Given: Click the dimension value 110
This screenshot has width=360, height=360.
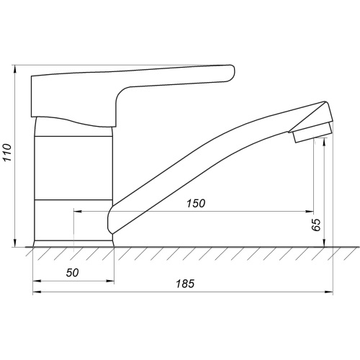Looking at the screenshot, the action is click(x=7, y=153).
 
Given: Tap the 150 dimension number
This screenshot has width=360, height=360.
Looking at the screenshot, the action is click(x=196, y=204).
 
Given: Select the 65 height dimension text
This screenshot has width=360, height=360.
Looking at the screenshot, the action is click(x=316, y=225).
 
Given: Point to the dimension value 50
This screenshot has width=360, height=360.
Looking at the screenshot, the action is click(x=73, y=273).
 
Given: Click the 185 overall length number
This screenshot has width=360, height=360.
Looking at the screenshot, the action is click(x=185, y=284).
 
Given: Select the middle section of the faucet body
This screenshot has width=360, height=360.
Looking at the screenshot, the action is click(x=73, y=168).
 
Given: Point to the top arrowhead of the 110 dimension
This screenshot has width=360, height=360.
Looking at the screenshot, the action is click(x=15, y=69).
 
